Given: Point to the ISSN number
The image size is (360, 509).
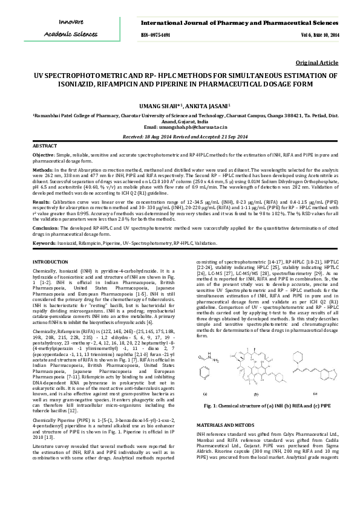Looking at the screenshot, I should click(x=155, y=35).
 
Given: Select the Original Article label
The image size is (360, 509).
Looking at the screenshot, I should click(x=317, y=63).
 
